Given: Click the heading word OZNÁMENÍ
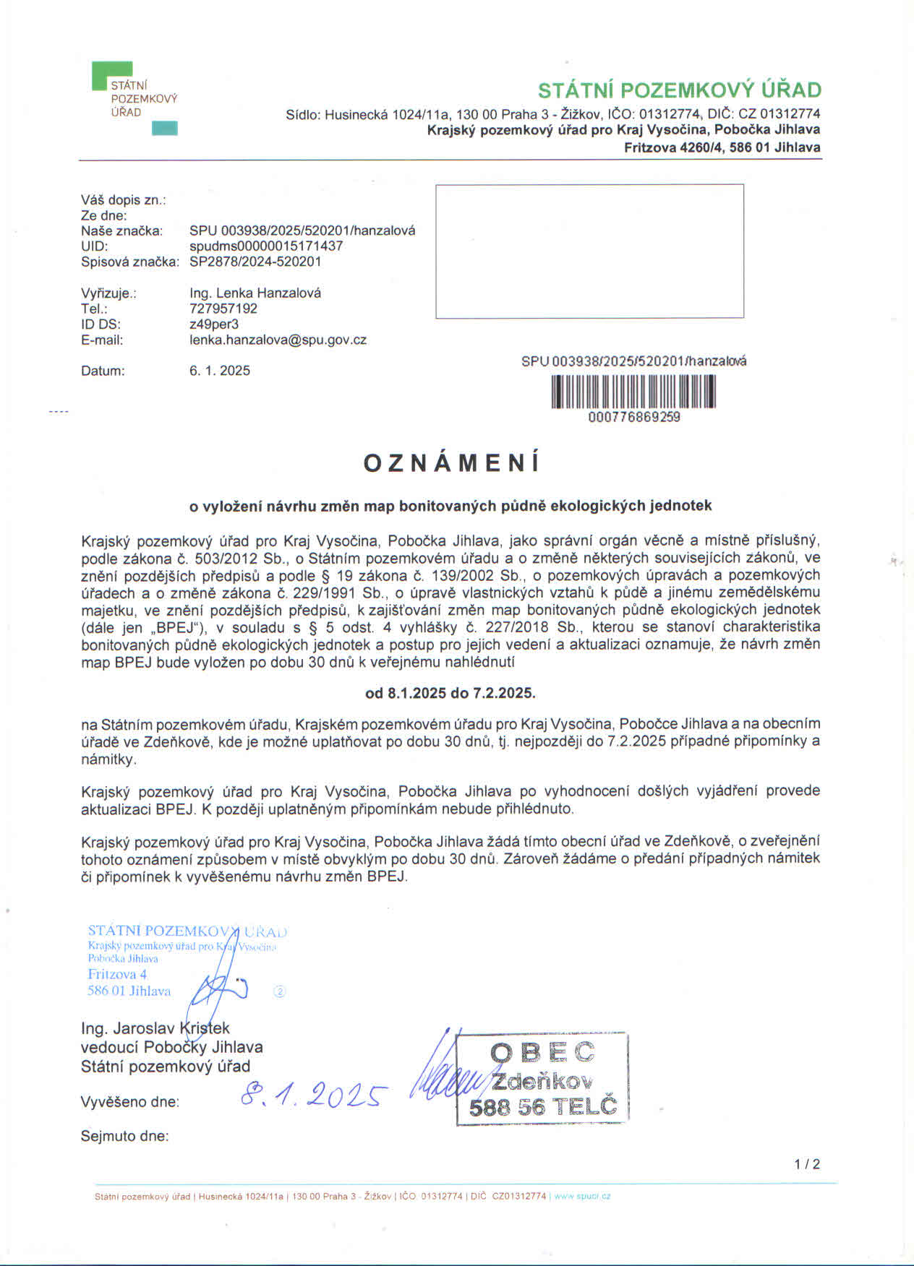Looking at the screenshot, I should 451,463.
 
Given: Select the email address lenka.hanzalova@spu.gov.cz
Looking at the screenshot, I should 278,340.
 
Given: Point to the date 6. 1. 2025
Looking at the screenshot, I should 220,371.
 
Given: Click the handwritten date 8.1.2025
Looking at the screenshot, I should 312,1096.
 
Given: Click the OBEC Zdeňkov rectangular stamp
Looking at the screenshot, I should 542,1079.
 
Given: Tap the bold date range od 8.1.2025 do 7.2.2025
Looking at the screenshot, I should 450,693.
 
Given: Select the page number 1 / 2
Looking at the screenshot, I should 807,1164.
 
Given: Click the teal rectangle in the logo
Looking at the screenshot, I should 164,129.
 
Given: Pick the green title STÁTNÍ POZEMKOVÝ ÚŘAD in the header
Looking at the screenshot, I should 679,90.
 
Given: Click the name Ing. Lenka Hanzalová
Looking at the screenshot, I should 255,293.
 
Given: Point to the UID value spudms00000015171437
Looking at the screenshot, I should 266,246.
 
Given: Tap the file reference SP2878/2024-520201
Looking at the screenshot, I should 255,262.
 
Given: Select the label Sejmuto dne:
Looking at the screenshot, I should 124,1136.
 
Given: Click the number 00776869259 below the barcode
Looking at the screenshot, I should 634,417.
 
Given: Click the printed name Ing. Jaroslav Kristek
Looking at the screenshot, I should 155,1028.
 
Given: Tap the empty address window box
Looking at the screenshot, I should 589,251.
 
